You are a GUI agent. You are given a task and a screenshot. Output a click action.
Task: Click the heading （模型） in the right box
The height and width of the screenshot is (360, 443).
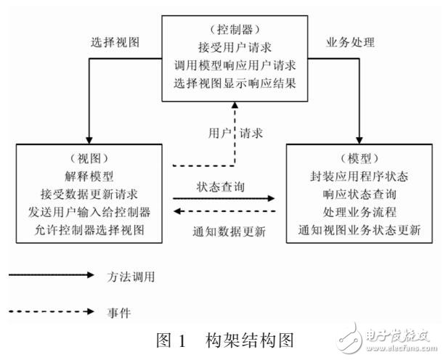pyautogui.click(x=360, y=157)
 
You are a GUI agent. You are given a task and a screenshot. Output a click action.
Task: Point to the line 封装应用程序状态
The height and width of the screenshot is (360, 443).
pyautogui.click(x=360, y=176)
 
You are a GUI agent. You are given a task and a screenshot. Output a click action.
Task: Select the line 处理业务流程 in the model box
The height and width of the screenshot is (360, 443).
pyautogui.click(x=360, y=213)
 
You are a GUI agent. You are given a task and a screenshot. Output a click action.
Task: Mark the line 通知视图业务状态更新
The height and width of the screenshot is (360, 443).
pyautogui.click(x=360, y=231)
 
